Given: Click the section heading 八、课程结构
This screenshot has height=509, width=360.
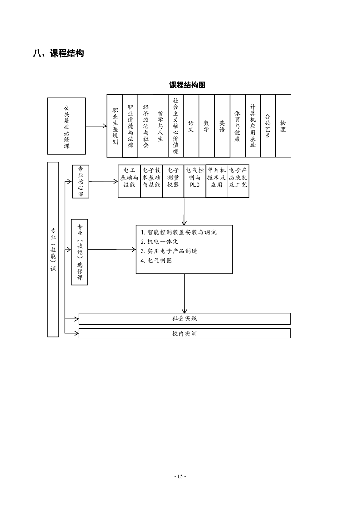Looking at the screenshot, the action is pos(58,53).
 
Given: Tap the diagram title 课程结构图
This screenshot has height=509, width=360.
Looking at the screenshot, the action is pos(187,85).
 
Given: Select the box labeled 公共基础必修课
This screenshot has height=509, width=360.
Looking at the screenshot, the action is pos(67,126).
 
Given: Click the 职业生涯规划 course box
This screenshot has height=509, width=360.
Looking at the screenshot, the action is pos(115,126).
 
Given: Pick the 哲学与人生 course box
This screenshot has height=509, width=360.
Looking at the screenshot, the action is pos(161,126).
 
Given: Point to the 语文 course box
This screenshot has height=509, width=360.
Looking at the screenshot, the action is pos(192,126).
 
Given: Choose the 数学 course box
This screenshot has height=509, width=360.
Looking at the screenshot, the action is pos(207,126).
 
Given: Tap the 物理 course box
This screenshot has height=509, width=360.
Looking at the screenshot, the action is pos(283,126).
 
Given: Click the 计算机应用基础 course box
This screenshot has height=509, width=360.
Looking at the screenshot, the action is pos(253,126).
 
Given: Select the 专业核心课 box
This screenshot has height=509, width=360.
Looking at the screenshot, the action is pos(80,181).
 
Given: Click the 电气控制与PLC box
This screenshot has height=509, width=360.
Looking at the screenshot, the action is pos(195,181).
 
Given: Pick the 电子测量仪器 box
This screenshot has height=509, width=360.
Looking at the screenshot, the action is pos(173,181).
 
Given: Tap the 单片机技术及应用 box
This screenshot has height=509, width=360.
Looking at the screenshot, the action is pos(217,181).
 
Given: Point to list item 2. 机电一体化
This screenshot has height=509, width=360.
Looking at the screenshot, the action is pos(159,241).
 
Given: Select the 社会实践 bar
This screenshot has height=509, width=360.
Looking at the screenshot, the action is pos(185,319).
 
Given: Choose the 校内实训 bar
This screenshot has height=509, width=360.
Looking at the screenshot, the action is pos(185,333).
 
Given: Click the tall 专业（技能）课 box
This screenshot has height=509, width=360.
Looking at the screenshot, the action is pos(53,250).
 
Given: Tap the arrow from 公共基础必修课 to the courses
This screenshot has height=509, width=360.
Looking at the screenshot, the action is pos(97,126).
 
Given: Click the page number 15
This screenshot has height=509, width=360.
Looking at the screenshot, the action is pos(180,476).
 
